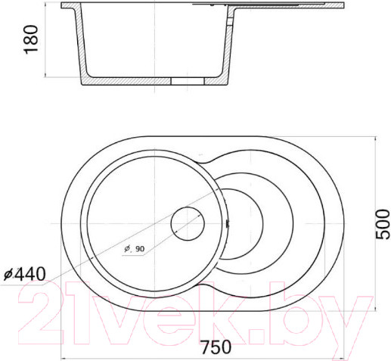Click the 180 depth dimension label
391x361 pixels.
(x=31, y=39)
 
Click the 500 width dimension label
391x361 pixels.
(x=383, y=224)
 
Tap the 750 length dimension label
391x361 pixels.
(x=216, y=347)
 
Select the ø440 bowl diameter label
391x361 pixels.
(x=25, y=274)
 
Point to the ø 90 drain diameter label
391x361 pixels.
(x=135, y=249)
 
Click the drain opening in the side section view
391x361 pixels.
(x=188, y=81)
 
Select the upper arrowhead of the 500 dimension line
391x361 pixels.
(x=376, y=139)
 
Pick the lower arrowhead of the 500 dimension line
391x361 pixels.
(x=376, y=308)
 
